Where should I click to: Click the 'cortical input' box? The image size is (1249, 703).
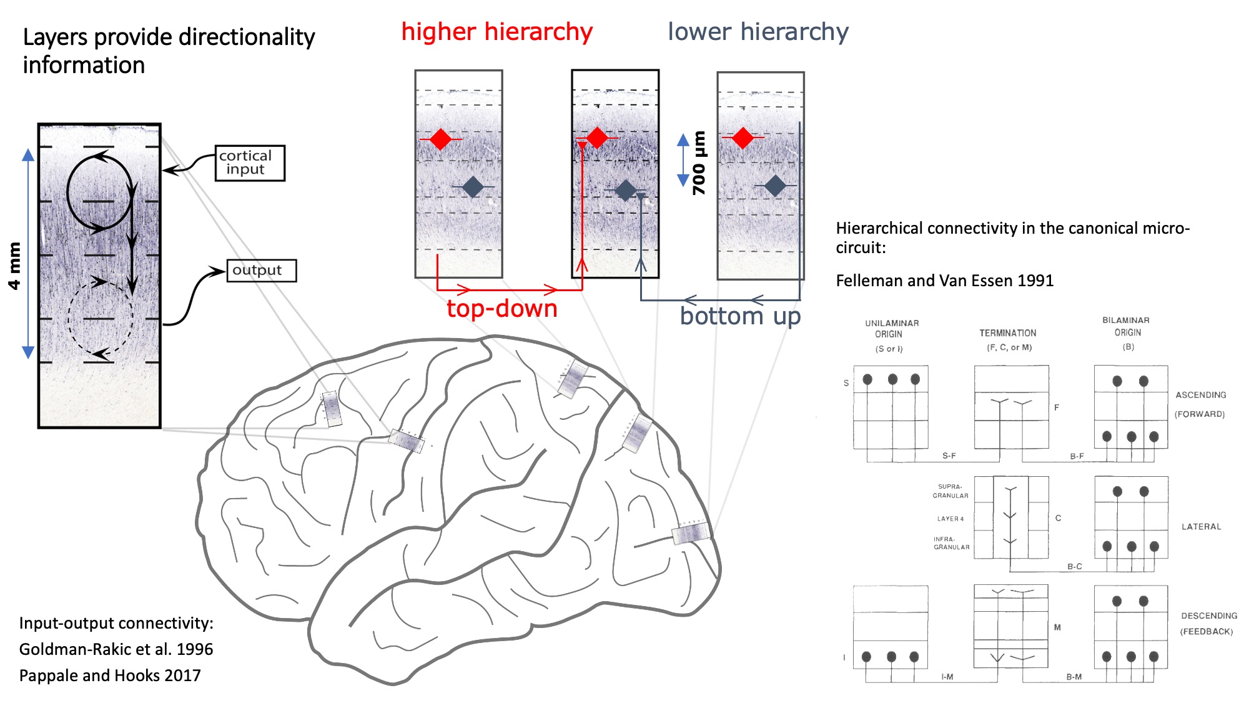[x=250, y=163]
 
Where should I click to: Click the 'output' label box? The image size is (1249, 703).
[x=261, y=271]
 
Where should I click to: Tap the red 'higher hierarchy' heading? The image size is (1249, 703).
[x=496, y=31]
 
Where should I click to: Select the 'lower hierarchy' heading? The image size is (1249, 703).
[x=758, y=31]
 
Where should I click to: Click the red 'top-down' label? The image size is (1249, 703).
[x=501, y=309]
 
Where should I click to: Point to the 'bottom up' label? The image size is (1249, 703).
[x=740, y=316]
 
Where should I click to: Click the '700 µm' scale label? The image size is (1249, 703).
[x=699, y=162]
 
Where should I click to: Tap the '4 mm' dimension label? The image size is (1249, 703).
[x=14, y=266]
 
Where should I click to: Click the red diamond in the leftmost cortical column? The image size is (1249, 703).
[x=441, y=139]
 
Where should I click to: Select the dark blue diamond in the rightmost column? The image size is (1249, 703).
[x=775, y=186]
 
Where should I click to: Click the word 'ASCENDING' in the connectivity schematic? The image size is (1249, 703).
[x=1200, y=395]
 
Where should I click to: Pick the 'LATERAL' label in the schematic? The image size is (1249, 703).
[x=1201, y=527]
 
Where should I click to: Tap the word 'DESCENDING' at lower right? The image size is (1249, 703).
[x=1208, y=616]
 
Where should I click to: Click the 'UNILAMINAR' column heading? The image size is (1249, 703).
[x=891, y=323]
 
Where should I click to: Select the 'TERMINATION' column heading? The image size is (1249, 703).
[x=1007, y=333]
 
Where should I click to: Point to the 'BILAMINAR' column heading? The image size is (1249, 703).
[x=1125, y=320]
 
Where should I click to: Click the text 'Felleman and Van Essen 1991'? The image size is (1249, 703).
[x=944, y=281]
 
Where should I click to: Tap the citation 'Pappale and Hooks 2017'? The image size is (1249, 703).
[x=110, y=676]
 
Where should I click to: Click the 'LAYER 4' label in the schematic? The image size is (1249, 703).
[x=950, y=519]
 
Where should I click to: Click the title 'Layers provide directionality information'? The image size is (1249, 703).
[x=169, y=51]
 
